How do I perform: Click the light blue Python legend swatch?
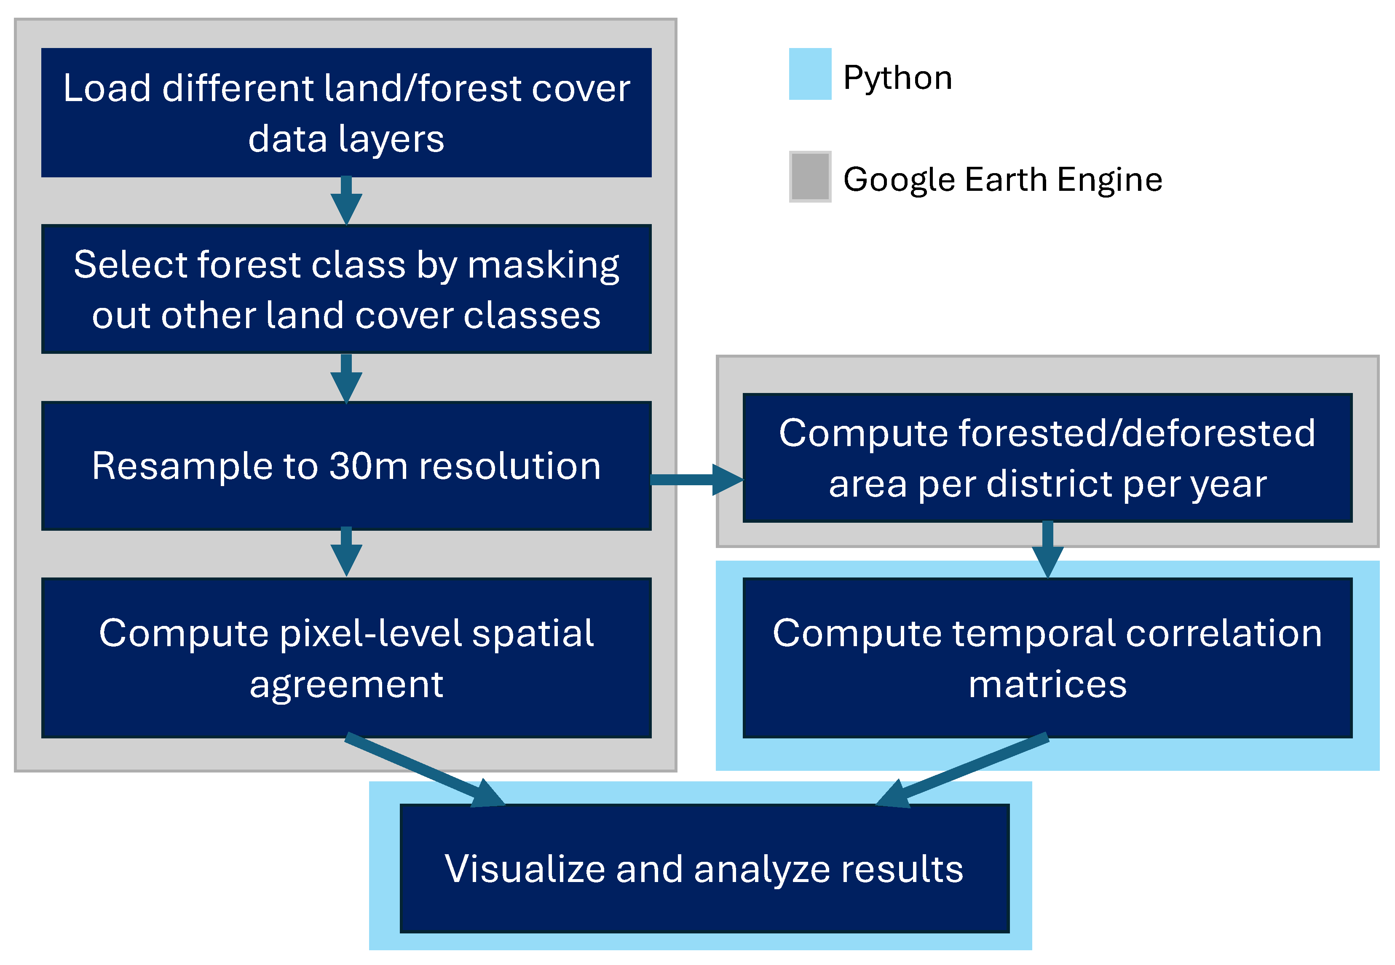point(810,74)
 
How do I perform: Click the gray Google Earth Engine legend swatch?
point(810,176)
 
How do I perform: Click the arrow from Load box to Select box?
point(346,201)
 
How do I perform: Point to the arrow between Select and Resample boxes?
point(346,379)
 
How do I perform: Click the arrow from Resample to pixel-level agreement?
point(346,551)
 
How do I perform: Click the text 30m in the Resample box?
point(368,466)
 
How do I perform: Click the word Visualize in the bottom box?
point(524,869)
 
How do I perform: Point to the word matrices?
point(1047,684)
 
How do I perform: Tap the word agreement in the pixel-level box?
point(346,684)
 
